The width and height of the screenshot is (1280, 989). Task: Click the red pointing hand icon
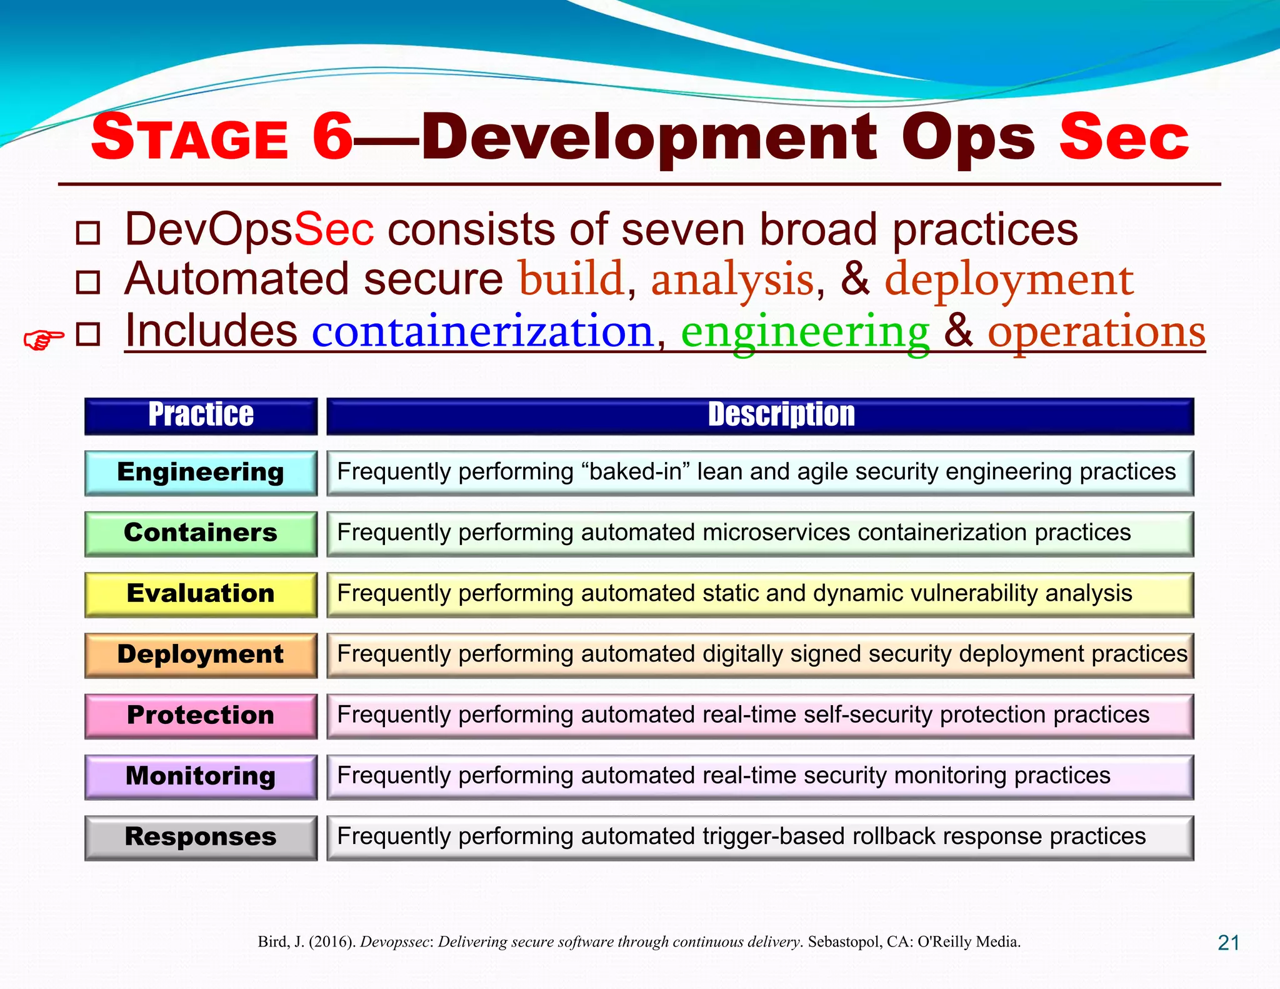[43, 339]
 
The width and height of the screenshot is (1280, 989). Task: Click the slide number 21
[1228, 942]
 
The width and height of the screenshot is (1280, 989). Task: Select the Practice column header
[201, 416]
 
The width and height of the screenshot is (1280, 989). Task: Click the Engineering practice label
[201, 473]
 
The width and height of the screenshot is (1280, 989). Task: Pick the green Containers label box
[201, 533]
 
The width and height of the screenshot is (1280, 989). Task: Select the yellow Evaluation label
[201, 594]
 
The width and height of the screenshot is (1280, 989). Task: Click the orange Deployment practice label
[201, 655]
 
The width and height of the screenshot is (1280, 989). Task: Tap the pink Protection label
[201, 715]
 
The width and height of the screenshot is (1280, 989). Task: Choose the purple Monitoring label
[201, 776]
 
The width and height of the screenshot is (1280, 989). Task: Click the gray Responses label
[201, 837]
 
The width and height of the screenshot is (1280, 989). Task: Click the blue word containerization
[482, 331]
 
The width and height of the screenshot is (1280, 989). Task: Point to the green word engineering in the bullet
[805, 333]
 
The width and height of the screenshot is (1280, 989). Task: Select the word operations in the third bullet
[1096, 333]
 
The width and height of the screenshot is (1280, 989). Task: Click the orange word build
[571, 279]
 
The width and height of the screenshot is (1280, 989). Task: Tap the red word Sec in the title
[1123, 138]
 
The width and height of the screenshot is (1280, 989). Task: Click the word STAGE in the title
[189, 138]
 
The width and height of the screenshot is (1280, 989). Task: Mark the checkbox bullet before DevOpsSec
[87, 233]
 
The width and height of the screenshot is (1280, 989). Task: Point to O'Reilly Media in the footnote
[968, 941]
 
